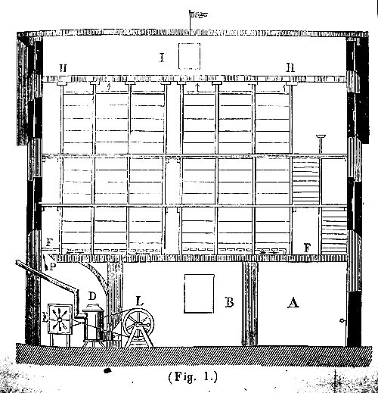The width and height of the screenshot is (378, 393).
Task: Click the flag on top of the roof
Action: [198, 14]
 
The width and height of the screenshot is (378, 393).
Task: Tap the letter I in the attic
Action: [162, 58]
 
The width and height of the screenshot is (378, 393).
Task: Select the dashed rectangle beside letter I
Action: [189, 56]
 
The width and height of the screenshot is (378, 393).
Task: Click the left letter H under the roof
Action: [63, 68]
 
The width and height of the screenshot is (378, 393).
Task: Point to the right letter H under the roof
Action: [290, 67]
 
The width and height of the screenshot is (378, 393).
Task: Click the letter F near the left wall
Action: [49, 243]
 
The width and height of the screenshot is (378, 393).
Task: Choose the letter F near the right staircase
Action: [307, 248]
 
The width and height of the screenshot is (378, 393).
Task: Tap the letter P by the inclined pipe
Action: [52, 267]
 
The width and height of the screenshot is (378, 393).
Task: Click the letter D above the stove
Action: [92, 296]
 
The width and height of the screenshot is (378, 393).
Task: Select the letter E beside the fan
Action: [45, 318]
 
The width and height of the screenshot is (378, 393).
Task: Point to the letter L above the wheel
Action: [140, 301]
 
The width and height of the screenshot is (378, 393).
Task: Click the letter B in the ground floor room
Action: [229, 302]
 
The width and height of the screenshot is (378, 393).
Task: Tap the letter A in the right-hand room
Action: [293, 302]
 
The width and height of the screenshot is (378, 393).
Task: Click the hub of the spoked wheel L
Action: [138, 323]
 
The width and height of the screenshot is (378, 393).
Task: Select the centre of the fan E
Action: [60, 320]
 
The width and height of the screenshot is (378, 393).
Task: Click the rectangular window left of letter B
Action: [199, 294]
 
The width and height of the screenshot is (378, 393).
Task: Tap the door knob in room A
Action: [342, 321]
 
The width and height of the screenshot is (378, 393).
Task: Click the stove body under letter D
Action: [93, 325]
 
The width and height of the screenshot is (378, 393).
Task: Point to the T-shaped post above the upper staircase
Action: [321, 144]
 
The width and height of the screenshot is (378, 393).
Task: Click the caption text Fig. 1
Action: [193, 377]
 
